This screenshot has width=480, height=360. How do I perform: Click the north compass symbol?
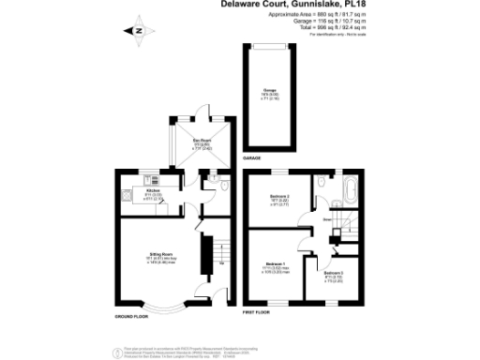point(138,30)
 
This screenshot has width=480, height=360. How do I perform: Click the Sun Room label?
point(201,142)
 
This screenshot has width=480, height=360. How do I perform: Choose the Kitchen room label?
point(153,194)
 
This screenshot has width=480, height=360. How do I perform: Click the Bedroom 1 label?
point(276,266)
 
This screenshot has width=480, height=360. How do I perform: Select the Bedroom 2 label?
point(280,199)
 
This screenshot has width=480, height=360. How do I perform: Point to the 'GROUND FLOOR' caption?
point(132,317)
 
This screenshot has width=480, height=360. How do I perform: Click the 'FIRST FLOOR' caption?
point(256,309)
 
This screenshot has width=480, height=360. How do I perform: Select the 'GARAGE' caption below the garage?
point(251,157)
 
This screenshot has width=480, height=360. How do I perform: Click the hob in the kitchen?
point(127,197)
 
